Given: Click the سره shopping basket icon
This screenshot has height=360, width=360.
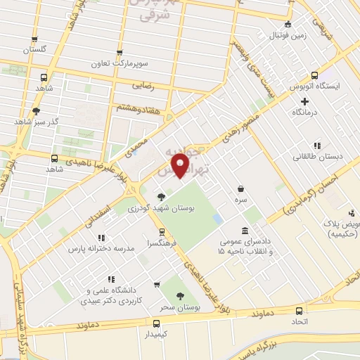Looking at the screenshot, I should click(x=242, y=188).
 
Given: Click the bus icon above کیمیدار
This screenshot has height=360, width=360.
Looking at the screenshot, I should click(x=156, y=323).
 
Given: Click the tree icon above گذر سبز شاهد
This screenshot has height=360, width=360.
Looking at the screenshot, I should click(x=36, y=110).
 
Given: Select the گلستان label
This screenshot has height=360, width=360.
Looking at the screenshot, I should click(x=33, y=49).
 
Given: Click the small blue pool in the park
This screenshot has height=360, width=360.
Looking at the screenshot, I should click(x=217, y=219).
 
